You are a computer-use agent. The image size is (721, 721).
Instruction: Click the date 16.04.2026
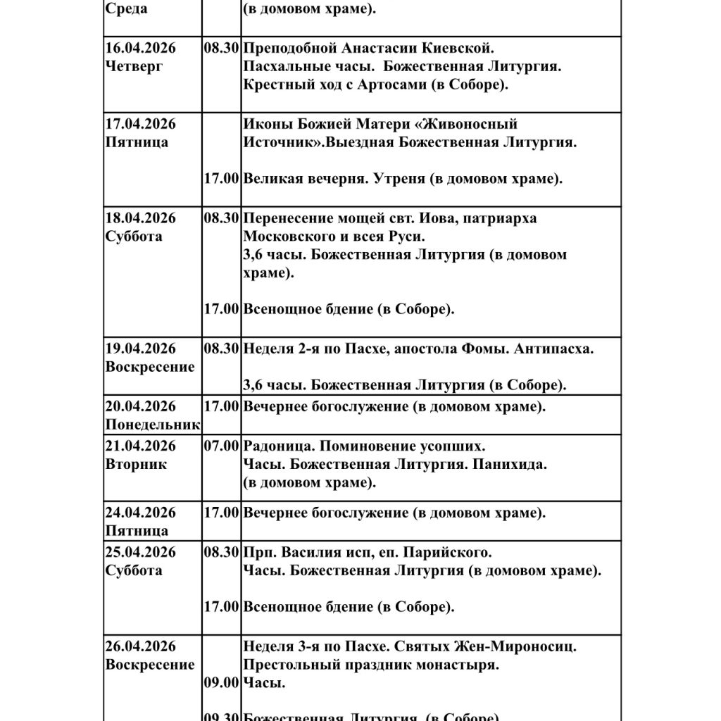click(x=140, y=49)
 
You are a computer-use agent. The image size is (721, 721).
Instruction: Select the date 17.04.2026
click(x=140, y=125)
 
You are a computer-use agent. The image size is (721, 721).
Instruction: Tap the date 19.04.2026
click(x=140, y=349)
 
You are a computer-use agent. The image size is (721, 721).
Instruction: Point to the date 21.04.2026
click(x=140, y=446)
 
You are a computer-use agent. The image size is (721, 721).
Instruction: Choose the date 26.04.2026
click(x=140, y=646)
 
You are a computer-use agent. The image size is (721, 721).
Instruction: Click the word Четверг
click(x=136, y=67)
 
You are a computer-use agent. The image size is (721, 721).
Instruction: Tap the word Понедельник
click(x=153, y=425)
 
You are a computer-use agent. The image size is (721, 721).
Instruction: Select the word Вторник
click(x=136, y=465)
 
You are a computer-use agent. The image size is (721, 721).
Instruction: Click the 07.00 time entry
click(x=221, y=446)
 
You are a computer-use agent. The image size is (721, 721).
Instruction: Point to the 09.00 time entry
click(x=221, y=682)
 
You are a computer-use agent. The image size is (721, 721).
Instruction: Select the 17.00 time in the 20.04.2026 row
click(x=221, y=406)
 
